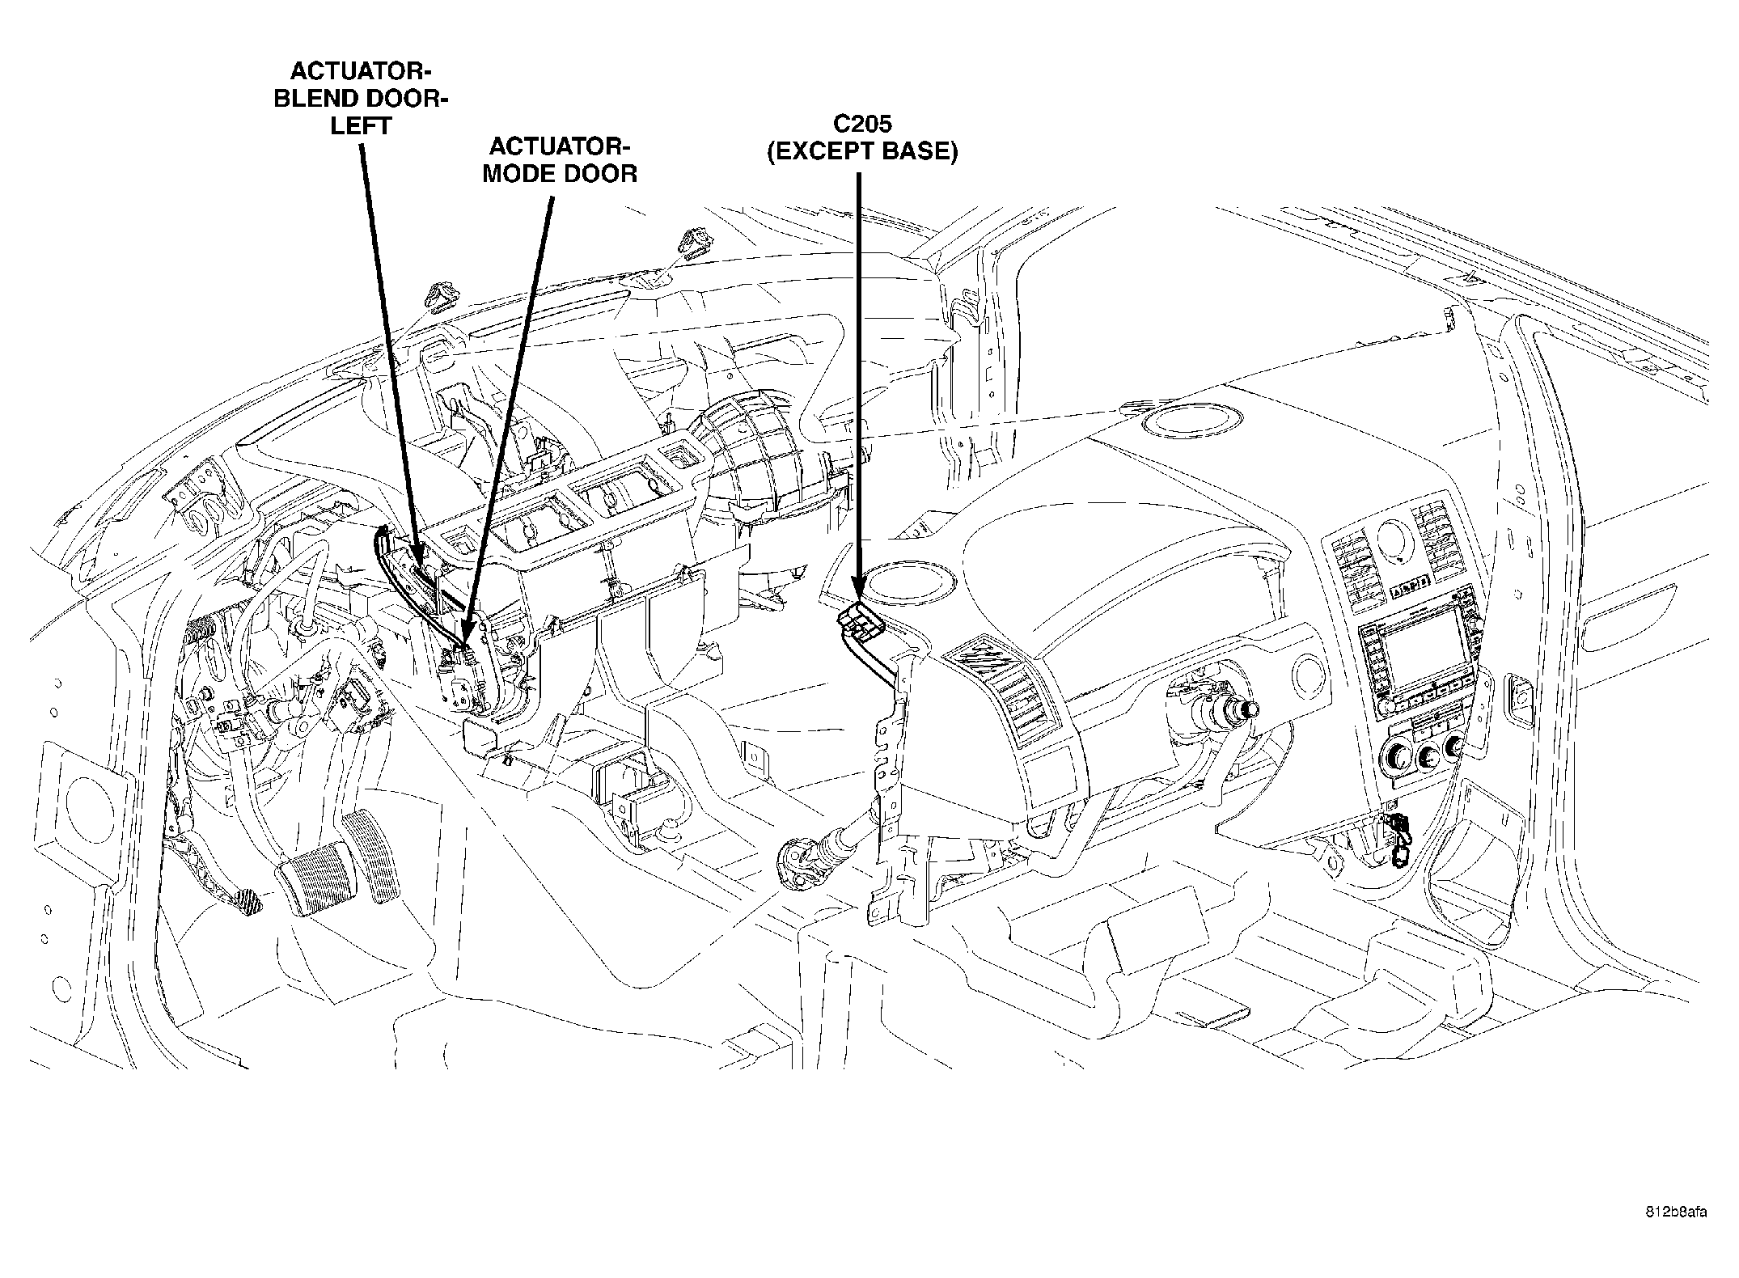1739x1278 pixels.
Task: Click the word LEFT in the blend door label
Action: (x=361, y=126)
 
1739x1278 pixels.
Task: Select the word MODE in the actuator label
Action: (x=519, y=174)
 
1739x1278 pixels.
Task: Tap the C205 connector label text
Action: (x=861, y=124)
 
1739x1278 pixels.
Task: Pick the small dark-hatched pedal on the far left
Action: (x=243, y=899)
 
